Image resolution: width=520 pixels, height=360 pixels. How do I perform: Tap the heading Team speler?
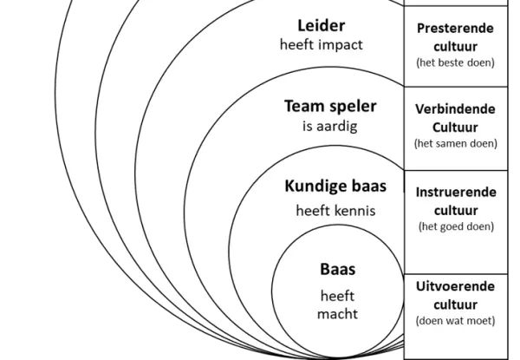click(330, 107)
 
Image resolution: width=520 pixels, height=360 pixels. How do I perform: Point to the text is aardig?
click(323, 127)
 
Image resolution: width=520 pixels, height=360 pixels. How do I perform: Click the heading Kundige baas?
click(335, 186)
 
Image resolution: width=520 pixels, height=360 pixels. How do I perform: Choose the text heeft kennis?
click(335, 209)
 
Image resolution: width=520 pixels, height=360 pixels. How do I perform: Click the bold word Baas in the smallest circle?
click(337, 270)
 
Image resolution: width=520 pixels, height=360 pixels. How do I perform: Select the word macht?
click(337, 313)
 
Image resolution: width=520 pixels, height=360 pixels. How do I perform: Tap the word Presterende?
click(455, 28)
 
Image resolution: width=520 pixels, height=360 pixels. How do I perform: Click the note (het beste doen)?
click(455, 62)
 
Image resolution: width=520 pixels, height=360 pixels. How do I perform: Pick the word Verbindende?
click(455, 109)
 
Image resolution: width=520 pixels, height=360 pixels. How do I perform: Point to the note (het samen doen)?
click(455, 143)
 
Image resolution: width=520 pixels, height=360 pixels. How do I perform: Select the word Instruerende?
click(455, 193)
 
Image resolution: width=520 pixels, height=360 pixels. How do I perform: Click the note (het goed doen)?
click(455, 226)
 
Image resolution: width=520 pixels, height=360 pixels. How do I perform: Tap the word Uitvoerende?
click(455, 286)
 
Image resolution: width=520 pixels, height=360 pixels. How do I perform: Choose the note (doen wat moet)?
click(455, 320)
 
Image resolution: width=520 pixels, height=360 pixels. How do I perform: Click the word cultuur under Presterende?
click(455, 44)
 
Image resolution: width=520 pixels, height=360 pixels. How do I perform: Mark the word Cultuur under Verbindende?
click(455, 126)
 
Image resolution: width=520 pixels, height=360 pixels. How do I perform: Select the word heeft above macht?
click(337, 296)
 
